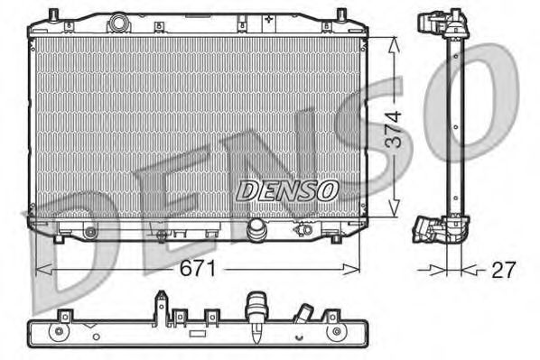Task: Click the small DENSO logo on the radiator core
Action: coord(287,190)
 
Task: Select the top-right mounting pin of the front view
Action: coord(340,14)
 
